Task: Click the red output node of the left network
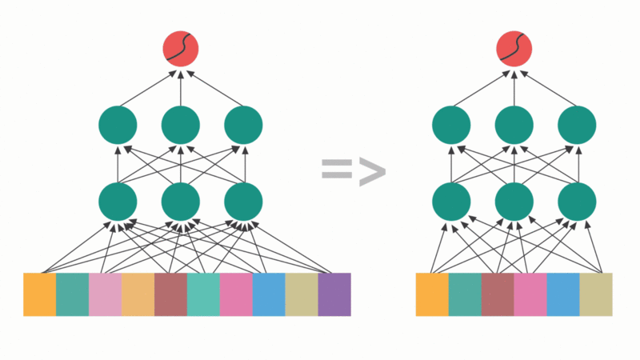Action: click(181, 48)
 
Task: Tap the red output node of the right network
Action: click(514, 48)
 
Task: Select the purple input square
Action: click(334, 294)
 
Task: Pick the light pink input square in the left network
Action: click(105, 294)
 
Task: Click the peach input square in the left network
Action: click(138, 294)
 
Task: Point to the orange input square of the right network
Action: click(432, 294)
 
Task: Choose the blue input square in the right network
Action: click(563, 294)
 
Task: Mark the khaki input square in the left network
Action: click(302, 294)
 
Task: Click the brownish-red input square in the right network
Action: click(498, 294)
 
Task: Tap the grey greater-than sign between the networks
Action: click(371, 170)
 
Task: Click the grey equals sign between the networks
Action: click(336, 170)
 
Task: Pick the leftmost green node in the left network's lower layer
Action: click(118, 202)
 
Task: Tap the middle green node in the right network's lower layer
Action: click(514, 202)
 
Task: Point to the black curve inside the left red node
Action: click(181, 48)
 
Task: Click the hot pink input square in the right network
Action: click(530, 294)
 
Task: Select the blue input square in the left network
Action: click(269, 294)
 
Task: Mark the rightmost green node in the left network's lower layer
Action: click(243, 202)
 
